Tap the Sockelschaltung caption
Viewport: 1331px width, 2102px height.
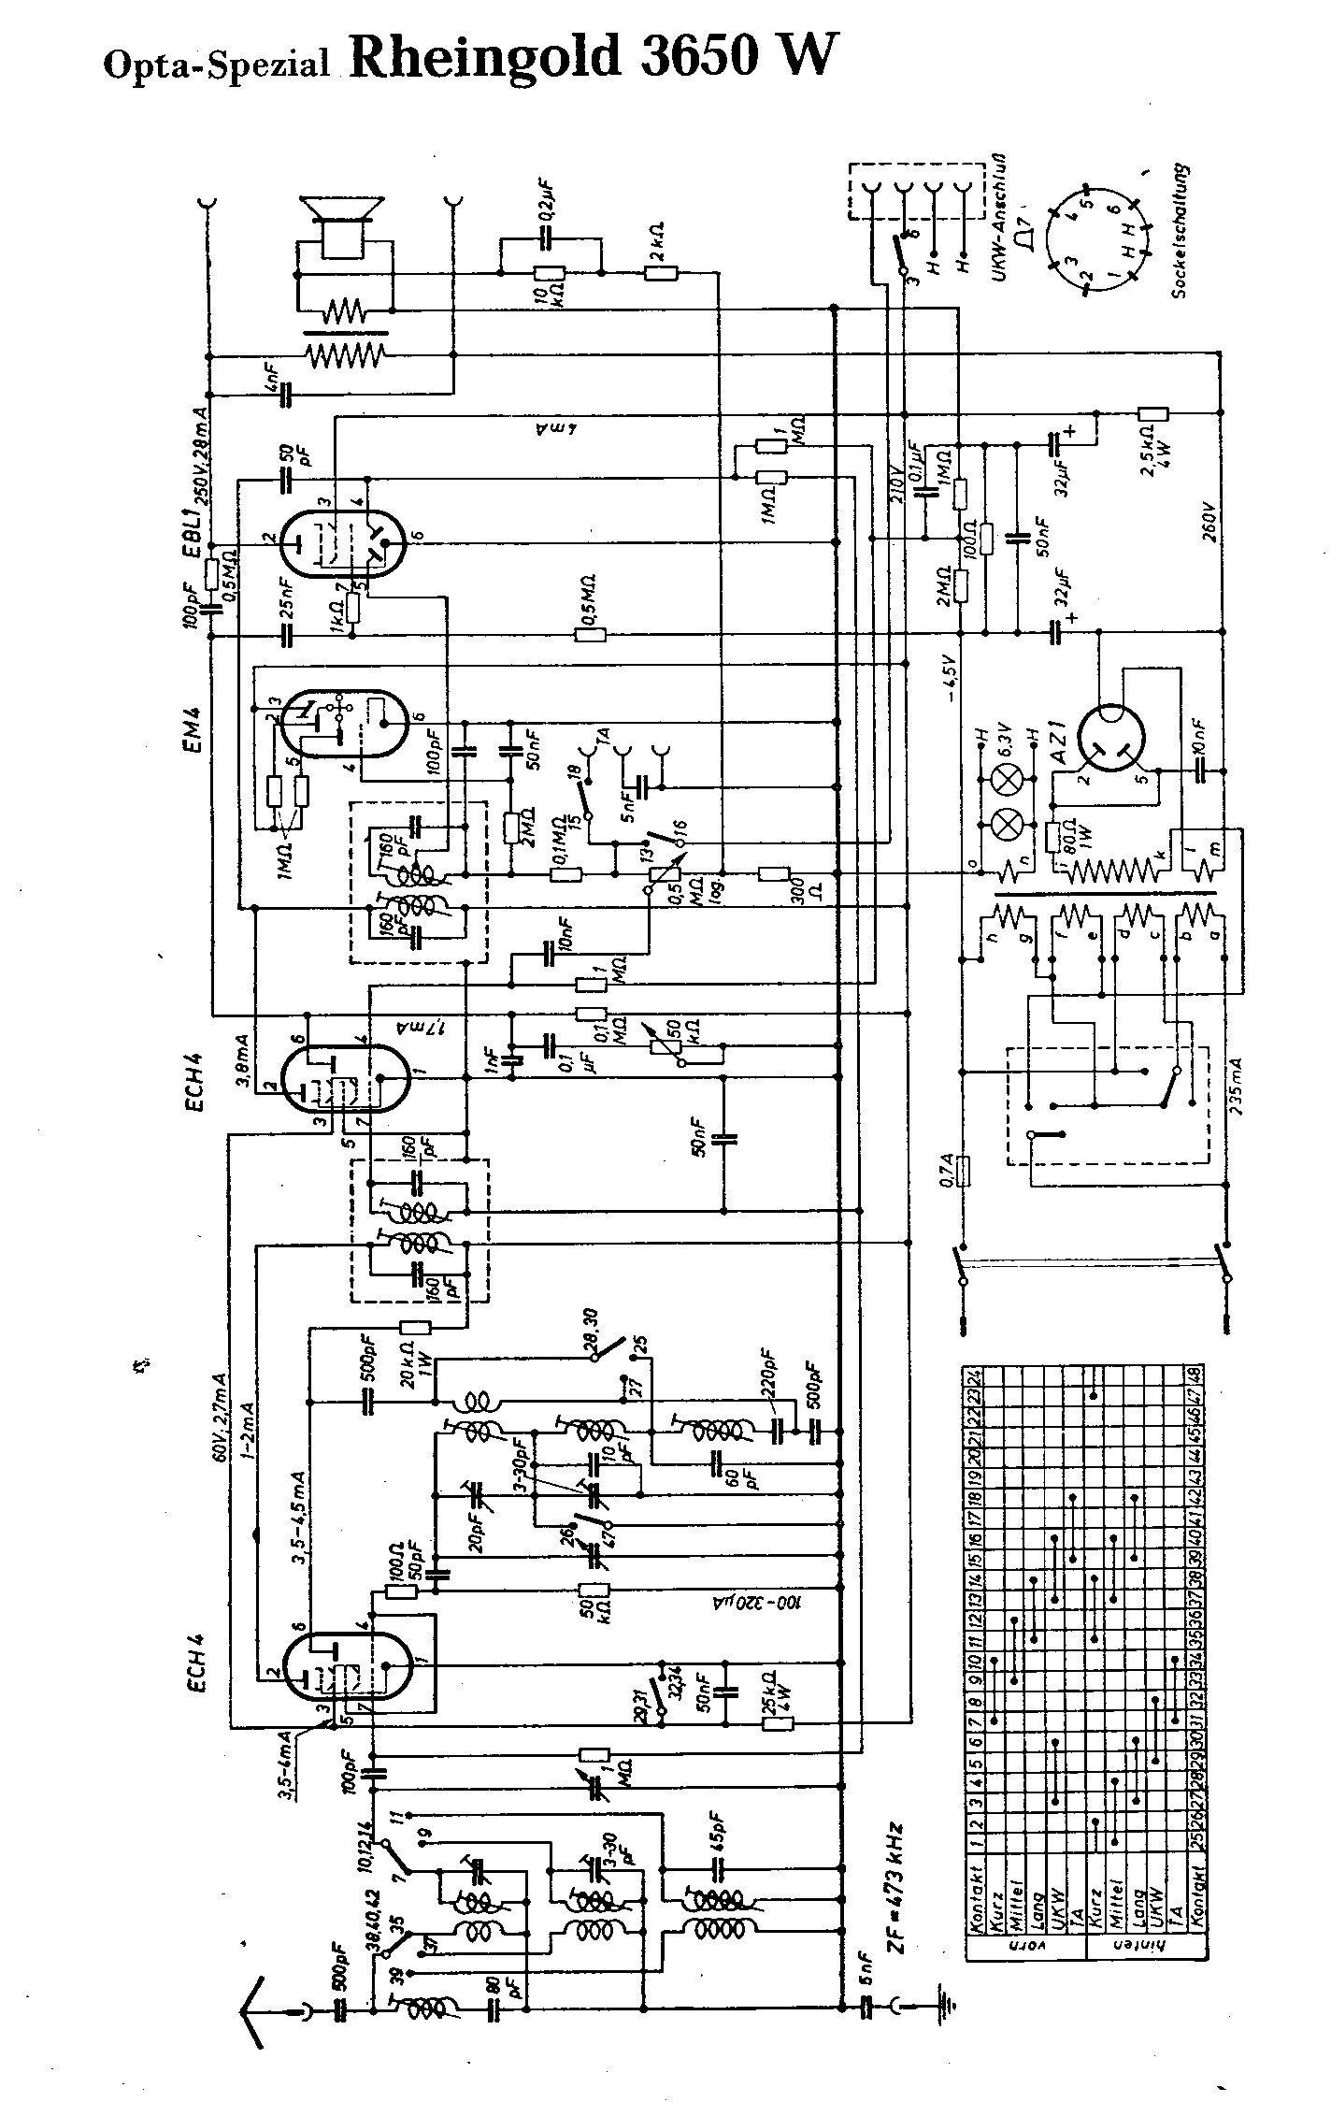pos(1183,232)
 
